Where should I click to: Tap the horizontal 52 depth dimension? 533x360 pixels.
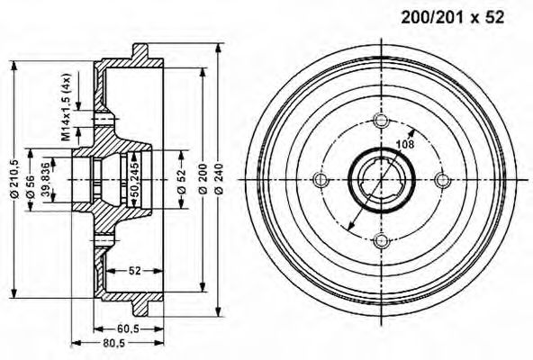[x=132, y=269]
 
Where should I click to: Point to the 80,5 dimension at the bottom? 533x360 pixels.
[x=113, y=343]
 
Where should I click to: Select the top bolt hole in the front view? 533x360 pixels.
[x=379, y=121]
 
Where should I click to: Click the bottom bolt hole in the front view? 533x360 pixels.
[x=379, y=238]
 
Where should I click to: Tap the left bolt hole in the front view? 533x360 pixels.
[x=321, y=179]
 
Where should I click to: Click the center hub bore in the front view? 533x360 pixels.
[x=379, y=179]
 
